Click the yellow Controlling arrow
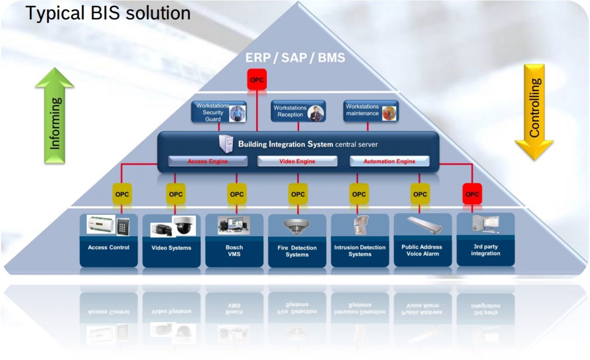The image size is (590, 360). [x=534, y=111]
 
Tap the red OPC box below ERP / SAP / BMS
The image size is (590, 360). [x=257, y=80]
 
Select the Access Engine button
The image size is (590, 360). [x=208, y=161]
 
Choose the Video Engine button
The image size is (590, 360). [x=297, y=161]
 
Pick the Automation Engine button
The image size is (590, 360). [x=389, y=161]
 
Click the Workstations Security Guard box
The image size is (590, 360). [x=218, y=112]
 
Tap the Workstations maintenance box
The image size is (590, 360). [x=370, y=111]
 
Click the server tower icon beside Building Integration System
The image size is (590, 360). [x=226, y=143]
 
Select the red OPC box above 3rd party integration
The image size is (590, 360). [x=472, y=194]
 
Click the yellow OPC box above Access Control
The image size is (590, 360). [x=122, y=194]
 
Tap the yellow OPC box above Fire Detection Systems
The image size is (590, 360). [x=298, y=194]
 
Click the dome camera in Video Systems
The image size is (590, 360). [x=184, y=225]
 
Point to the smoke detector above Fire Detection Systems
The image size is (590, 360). [x=297, y=226]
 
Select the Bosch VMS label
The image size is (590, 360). [x=234, y=250]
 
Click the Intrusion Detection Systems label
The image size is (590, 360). [x=360, y=250]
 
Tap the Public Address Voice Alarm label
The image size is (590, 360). [x=422, y=250]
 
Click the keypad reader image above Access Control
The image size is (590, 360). [x=123, y=226]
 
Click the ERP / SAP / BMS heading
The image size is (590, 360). [x=295, y=58]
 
